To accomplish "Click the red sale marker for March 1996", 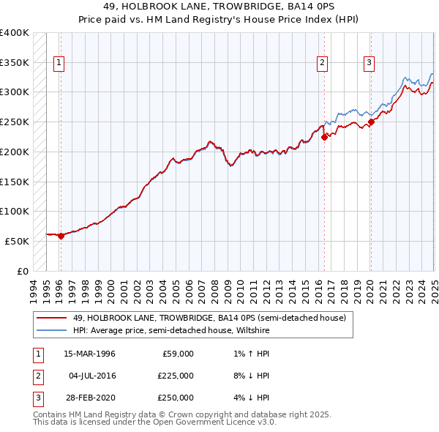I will tap(61, 236).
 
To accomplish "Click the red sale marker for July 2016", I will tap(324, 137).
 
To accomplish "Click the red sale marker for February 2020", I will tap(371, 122).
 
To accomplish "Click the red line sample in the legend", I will tap(51, 318).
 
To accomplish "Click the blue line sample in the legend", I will tap(51, 330).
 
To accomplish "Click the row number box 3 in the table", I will tap(37, 398).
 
